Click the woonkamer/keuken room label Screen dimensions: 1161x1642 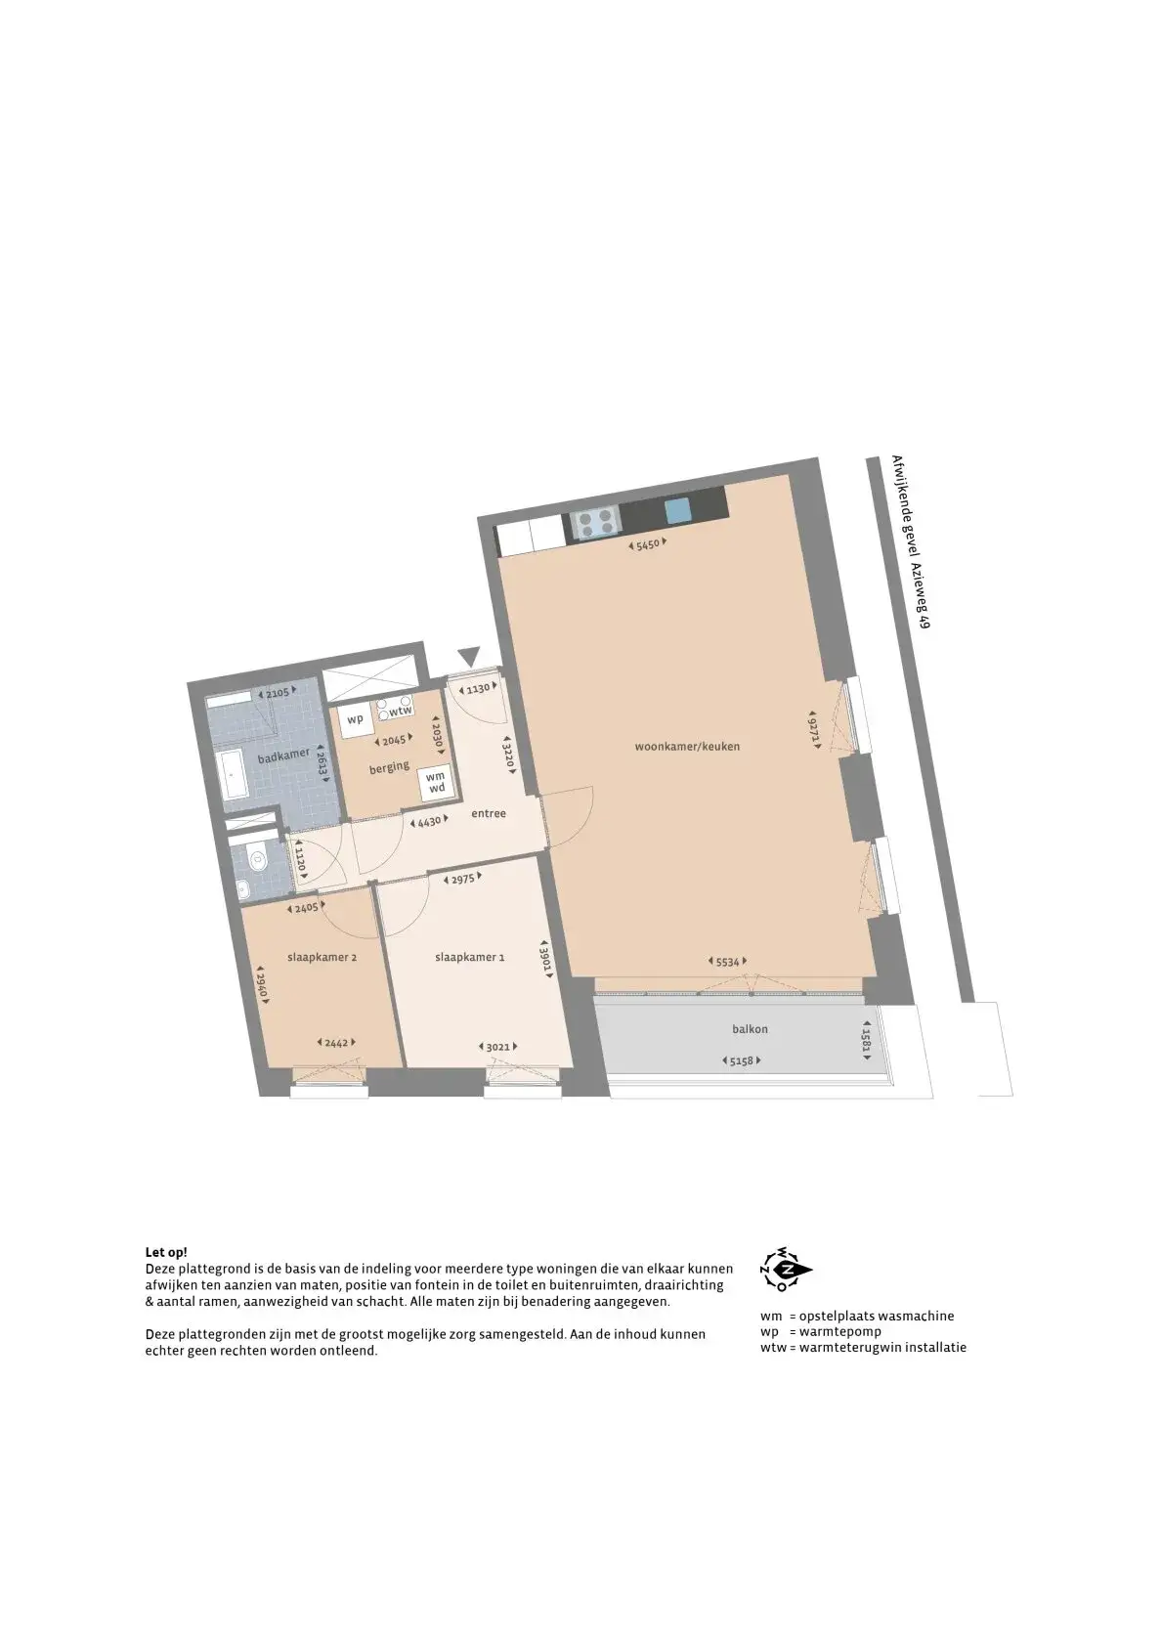click(x=687, y=747)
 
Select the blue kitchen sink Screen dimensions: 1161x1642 click(x=677, y=509)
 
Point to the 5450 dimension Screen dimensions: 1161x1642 click(x=648, y=544)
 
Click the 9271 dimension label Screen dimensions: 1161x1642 click(x=813, y=729)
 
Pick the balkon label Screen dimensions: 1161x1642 click(x=750, y=1029)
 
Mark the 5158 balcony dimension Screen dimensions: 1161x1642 click(x=741, y=1060)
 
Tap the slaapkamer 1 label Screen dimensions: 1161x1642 click(x=470, y=958)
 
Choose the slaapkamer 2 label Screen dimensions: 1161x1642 click(x=322, y=958)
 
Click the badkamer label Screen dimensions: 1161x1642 click(x=283, y=756)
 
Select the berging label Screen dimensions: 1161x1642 click(x=389, y=767)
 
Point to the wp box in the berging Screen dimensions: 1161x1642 click(x=356, y=719)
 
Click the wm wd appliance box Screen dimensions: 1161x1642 click(x=435, y=782)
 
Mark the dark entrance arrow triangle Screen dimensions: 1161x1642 click(x=467, y=656)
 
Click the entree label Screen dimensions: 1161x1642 click(x=489, y=813)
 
